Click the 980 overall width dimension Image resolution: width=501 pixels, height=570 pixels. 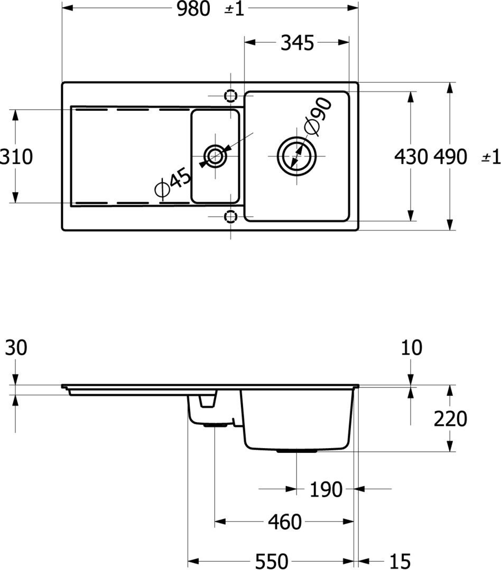point(193,9)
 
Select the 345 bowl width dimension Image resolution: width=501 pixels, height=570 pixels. point(297,43)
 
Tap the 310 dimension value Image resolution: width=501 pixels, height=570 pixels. point(16,157)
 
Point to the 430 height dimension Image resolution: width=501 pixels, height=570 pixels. point(411,157)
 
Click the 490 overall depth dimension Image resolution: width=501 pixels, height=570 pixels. point(450,157)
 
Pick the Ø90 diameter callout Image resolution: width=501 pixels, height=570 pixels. point(318,116)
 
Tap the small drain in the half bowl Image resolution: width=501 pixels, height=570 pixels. point(216,156)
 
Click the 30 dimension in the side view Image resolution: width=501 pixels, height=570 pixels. point(16,347)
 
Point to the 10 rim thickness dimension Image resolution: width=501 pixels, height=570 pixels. point(412,347)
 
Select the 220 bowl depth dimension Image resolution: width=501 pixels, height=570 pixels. point(450,419)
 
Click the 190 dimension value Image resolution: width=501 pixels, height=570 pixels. point(326,490)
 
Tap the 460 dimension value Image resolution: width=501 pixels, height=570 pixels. point(285,522)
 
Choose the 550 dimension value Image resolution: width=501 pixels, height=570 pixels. point(272,561)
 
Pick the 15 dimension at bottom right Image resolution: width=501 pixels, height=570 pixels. point(400,561)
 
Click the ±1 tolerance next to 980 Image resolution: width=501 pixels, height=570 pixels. point(234,9)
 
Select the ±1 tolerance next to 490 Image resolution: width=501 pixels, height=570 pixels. point(491,157)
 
